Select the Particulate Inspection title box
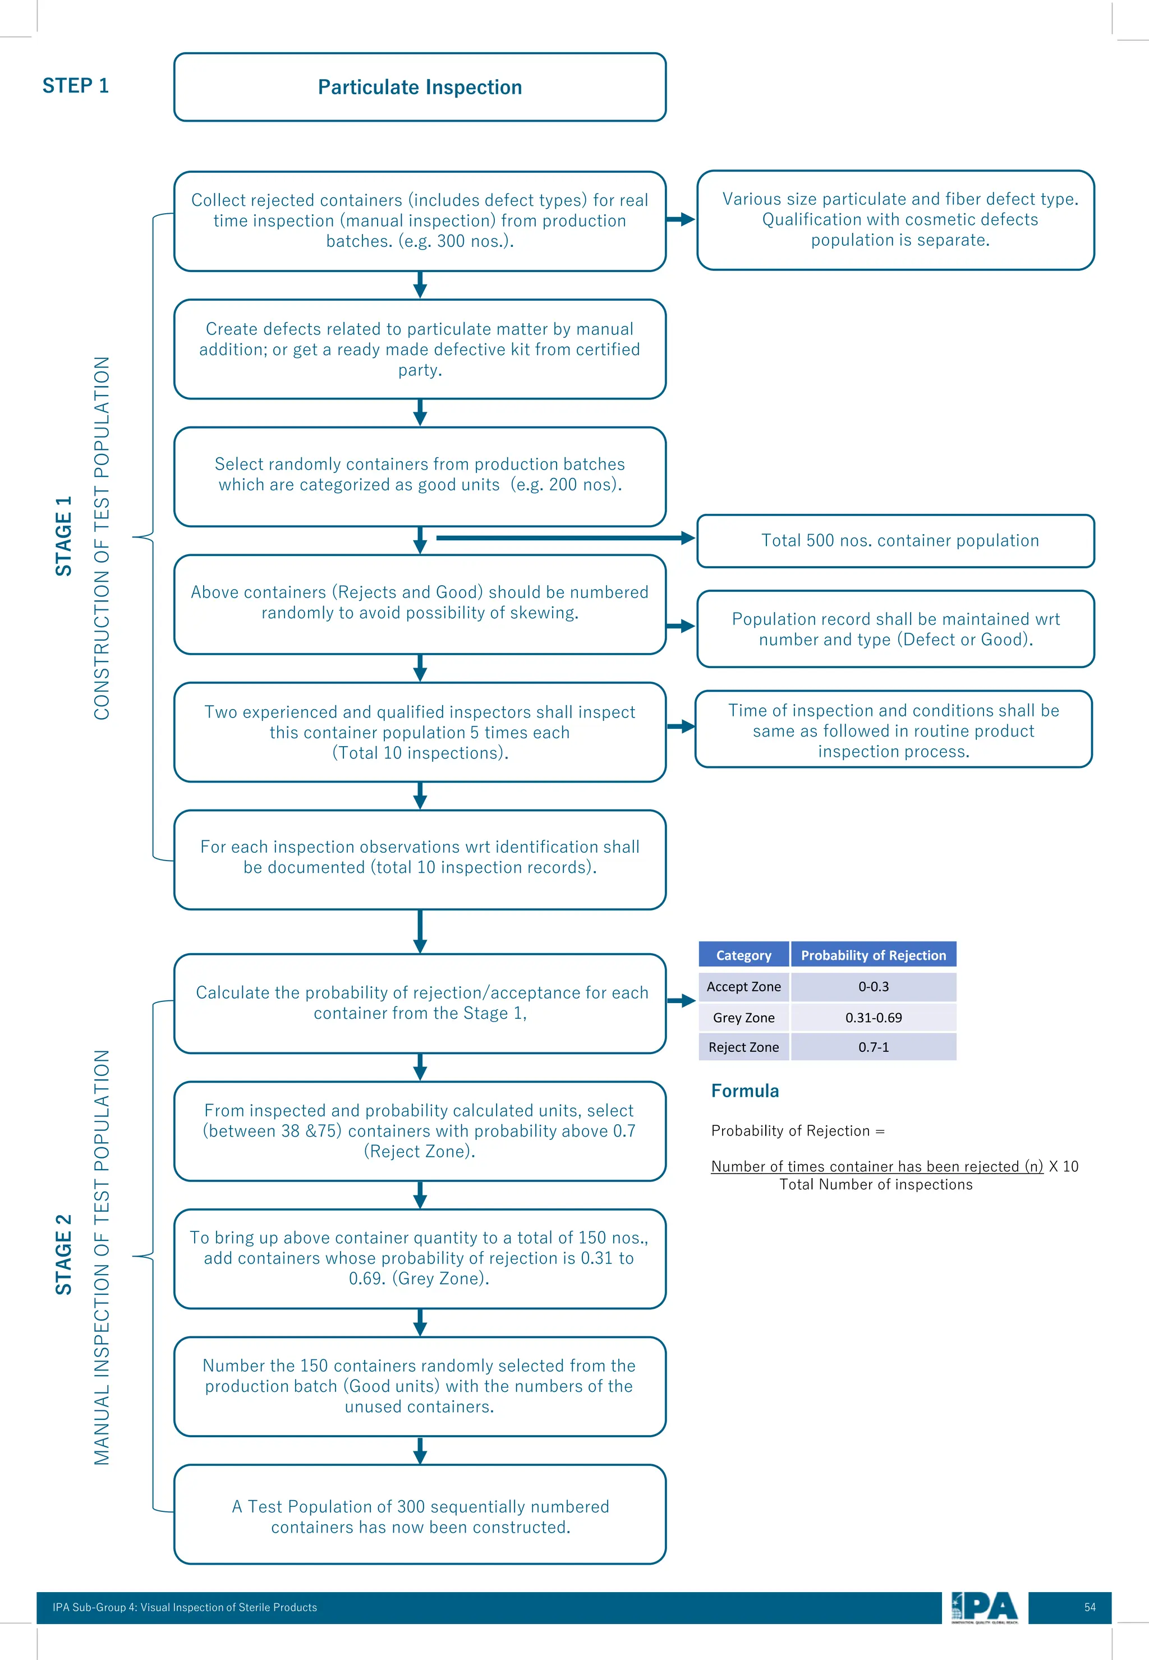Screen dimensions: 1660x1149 (x=420, y=87)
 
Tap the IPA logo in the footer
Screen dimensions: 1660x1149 (x=984, y=1607)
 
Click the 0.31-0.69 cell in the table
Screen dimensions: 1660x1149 (x=874, y=1017)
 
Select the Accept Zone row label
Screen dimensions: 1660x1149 (x=744, y=986)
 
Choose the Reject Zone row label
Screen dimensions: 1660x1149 (x=744, y=1047)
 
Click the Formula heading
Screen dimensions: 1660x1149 (x=744, y=1091)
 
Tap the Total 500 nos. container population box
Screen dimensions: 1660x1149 (x=895, y=541)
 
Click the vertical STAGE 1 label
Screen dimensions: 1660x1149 (x=64, y=536)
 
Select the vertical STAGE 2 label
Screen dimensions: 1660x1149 (x=64, y=1254)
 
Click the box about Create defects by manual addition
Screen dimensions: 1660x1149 (x=420, y=349)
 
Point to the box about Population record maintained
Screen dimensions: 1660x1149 (x=895, y=629)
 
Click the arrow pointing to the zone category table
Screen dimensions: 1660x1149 (x=681, y=1001)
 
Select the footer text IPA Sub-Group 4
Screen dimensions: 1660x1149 (x=185, y=1607)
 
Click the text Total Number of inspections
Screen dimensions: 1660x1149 (x=875, y=1185)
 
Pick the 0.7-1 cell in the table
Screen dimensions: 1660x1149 (x=874, y=1047)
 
